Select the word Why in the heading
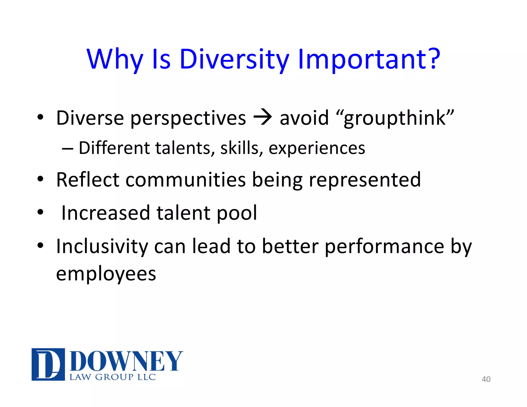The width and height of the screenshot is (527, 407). pos(115,60)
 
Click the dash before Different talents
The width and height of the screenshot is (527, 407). pos(67,149)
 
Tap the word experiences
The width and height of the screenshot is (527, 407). pos(317,149)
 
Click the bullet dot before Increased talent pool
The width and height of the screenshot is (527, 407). pos(40,213)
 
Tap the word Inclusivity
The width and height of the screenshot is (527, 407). pos(102,246)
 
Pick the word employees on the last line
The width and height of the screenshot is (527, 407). pos(106,274)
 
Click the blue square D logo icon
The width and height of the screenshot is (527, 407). pos(48,364)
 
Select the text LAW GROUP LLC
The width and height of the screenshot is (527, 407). pos(112,377)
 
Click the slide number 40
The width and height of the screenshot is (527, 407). pos(486,379)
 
